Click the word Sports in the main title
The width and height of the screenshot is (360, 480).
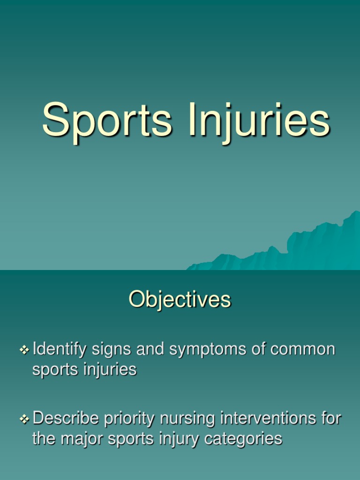[x=107, y=121]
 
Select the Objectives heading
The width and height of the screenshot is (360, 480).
[x=180, y=300]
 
